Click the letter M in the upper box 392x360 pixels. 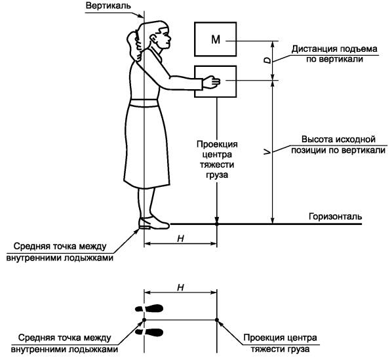tap(216, 39)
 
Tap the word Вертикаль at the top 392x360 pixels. tap(108, 5)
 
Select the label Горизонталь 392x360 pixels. tap(336, 216)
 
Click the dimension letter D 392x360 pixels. tap(267, 60)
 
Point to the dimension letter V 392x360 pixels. tap(267, 151)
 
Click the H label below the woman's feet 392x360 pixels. tap(180, 239)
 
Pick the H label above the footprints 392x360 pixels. tap(180, 287)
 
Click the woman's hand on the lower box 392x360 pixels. tap(211, 82)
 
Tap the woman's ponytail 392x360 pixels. tap(134, 45)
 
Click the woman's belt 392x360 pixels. tap(144, 103)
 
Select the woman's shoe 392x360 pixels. tap(154, 223)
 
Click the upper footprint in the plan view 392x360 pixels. tap(149, 308)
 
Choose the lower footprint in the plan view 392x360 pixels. tap(149, 332)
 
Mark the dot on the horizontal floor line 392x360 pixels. tap(217, 224)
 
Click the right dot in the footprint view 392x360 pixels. tap(217, 320)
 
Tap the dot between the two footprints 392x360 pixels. tap(144, 320)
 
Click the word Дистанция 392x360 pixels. tap(311, 49)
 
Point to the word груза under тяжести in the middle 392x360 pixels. tap(217, 175)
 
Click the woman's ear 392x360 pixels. tap(153, 39)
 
